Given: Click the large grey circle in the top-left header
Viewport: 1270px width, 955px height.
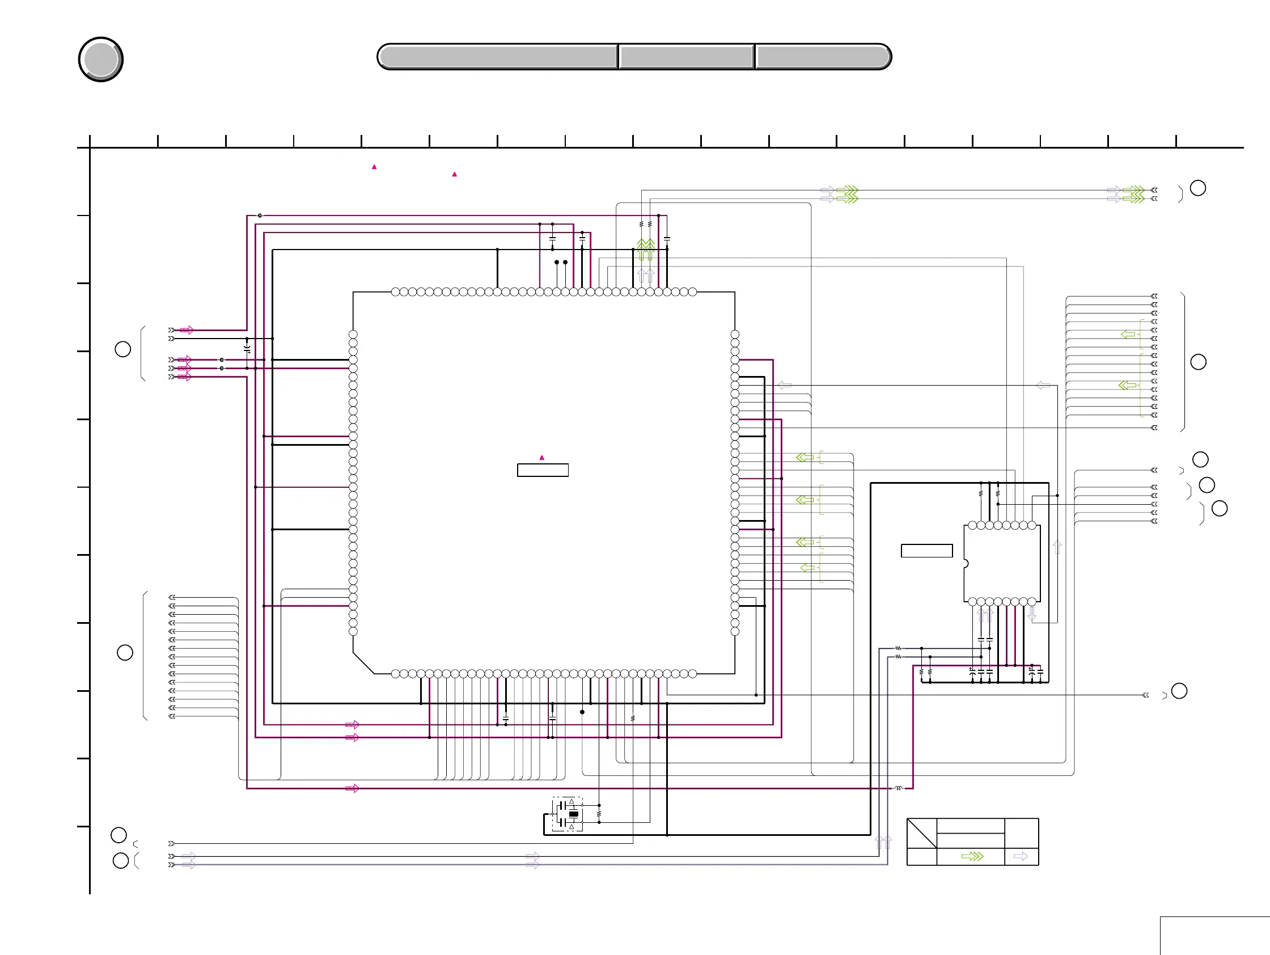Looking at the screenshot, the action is coord(100,59).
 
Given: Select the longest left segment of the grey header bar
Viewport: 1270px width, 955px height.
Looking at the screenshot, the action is coord(498,57).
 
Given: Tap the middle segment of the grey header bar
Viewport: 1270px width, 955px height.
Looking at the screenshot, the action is coord(687,57).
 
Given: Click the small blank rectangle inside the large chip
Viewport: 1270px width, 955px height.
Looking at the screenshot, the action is coord(543,470).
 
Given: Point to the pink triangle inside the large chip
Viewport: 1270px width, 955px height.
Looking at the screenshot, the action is coord(541,458).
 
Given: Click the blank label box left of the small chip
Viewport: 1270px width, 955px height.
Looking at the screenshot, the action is coord(926,551).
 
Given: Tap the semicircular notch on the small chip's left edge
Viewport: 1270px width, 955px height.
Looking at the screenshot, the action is coord(966,564).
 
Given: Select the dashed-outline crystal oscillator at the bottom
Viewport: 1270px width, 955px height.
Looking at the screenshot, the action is coord(568,814).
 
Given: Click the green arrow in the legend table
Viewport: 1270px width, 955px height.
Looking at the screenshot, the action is coord(972,856).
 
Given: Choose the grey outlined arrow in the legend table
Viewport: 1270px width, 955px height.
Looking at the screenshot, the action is coord(1020,856).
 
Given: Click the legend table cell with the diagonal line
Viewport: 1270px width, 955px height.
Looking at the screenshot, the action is coord(921,833).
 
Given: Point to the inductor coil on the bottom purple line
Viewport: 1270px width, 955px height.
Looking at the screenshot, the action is coord(899,788).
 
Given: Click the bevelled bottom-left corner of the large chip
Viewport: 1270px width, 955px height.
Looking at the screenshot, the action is coord(363,664).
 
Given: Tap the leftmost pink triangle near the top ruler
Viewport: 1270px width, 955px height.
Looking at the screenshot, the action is coord(374,167).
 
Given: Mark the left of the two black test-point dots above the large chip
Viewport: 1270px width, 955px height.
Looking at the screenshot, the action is coord(556,263).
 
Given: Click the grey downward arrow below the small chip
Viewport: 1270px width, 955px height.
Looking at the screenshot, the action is coord(1032,614).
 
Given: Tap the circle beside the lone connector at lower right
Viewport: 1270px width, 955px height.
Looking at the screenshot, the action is coord(1179,691).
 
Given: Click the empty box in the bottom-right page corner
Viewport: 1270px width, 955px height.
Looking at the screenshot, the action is coord(1214,936).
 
